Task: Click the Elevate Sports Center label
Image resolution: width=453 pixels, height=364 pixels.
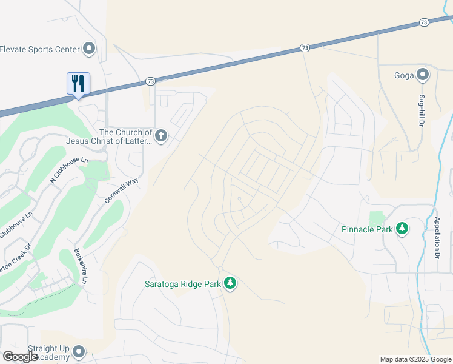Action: (40, 49)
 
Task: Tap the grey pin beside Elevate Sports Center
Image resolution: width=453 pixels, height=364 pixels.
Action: (89, 49)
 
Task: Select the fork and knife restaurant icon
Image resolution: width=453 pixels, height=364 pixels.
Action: (78, 83)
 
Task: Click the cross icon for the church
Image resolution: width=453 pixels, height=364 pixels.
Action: (160, 136)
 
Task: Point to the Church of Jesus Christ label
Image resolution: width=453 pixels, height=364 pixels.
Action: (126, 137)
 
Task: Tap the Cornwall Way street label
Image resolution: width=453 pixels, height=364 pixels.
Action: (121, 189)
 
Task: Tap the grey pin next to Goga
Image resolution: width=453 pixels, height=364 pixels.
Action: (422, 75)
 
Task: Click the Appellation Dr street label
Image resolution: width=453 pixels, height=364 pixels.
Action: (437, 238)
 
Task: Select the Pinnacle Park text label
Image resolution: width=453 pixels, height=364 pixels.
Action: (367, 229)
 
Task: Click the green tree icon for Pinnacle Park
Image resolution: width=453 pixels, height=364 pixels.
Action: (402, 229)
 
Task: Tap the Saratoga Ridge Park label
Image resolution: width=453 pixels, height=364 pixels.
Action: (182, 283)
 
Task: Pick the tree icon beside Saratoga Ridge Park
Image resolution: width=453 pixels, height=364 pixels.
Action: (230, 283)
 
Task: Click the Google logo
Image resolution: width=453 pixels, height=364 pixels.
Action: (20, 357)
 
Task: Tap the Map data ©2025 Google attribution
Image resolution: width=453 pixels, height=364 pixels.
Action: (415, 359)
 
